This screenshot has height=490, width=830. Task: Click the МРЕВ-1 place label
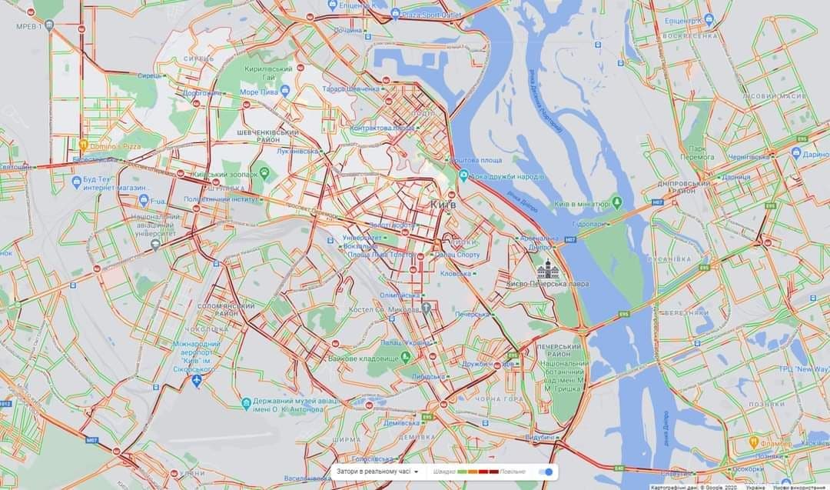coord(29,26)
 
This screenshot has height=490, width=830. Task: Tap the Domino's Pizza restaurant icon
coord(82,144)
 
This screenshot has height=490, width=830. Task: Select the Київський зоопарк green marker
coord(264,174)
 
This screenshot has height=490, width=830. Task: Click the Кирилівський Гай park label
coord(269,72)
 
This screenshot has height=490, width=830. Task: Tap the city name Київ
coord(443,205)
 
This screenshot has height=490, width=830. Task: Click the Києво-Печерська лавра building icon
coord(548,269)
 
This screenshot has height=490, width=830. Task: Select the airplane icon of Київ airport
coord(197,380)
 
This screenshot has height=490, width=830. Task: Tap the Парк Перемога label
coord(697,152)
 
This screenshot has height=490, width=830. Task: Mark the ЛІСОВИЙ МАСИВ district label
coord(774,96)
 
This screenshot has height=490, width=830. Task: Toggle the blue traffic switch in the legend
coord(546,472)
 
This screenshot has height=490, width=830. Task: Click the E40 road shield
coord(619,468)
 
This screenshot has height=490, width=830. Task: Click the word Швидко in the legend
coord(443,472)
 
